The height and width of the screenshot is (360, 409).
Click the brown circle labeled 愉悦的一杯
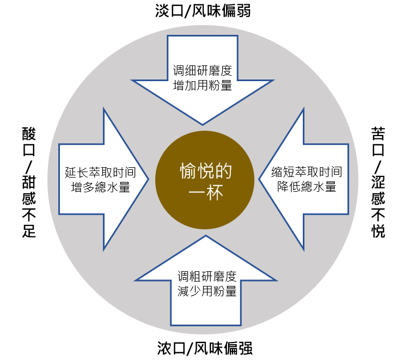(204, 180)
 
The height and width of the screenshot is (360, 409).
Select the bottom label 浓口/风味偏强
(204, 348)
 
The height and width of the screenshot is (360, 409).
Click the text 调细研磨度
(203, 70)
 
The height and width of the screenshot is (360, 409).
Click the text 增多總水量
(101, 187)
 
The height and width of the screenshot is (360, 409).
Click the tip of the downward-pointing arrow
(203, 124)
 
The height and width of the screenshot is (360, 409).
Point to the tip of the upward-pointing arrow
(205, 236)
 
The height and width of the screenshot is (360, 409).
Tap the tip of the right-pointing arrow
(148, 180)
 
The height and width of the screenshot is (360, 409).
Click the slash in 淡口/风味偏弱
(185, 11)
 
